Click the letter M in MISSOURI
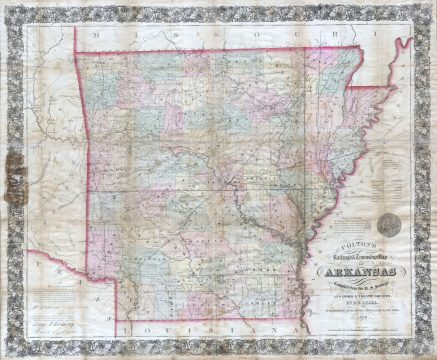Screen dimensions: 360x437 (90, 34)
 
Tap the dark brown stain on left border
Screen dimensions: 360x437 (14, 162)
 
